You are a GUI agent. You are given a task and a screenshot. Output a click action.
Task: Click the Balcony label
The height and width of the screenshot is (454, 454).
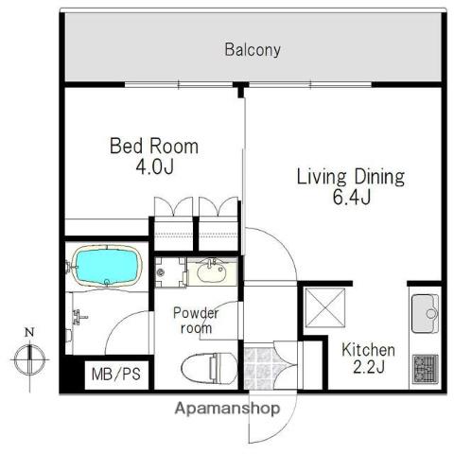point(253,50)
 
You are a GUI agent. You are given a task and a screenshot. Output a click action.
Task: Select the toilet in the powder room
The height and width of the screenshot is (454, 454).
point(209,368)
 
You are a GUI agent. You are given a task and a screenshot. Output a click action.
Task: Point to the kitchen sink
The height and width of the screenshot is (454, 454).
point(425,313)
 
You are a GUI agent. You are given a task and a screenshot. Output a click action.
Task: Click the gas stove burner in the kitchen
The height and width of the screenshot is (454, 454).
point(426,369)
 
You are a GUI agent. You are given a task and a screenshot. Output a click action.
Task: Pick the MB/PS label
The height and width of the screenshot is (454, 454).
point(116,375)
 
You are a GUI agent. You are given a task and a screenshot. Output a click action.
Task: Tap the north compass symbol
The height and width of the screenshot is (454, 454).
point(29,359)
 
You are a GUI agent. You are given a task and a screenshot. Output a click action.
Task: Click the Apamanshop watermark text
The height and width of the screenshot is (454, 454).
point(227,409)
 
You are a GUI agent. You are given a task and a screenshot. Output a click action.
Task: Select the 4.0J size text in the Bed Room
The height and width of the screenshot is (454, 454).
point(154,166)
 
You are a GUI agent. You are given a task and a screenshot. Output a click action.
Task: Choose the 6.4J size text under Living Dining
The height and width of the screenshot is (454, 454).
point(352,198)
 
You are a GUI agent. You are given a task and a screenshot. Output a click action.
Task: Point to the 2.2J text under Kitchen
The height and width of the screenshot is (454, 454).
point(369,367)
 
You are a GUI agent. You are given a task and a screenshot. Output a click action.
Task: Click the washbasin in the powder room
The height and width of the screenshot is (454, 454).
point(212,271)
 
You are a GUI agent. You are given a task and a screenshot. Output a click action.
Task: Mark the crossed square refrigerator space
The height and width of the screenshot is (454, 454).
point(325,307)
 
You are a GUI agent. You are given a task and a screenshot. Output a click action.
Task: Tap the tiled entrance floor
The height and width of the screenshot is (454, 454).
point(258,368)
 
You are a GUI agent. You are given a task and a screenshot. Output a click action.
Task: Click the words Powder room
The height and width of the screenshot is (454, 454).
point(196,321)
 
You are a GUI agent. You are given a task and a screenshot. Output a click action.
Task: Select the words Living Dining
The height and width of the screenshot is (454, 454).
point(351,178)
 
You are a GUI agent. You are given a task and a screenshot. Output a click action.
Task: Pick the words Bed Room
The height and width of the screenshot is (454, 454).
point(154,147)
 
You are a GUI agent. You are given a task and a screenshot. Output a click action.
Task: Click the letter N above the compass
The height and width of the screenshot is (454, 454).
point(29,332)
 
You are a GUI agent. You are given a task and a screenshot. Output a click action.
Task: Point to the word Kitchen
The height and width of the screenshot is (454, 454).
point(368,350)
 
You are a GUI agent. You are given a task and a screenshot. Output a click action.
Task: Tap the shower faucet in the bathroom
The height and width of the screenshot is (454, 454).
point(79,317)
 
